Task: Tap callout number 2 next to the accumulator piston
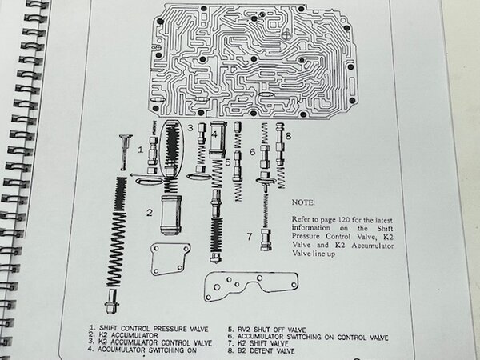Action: tap(148, 212)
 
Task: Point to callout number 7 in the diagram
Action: tap(249, 236)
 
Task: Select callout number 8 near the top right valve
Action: tap(288, 135)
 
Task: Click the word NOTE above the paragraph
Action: tap(304, 203)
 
